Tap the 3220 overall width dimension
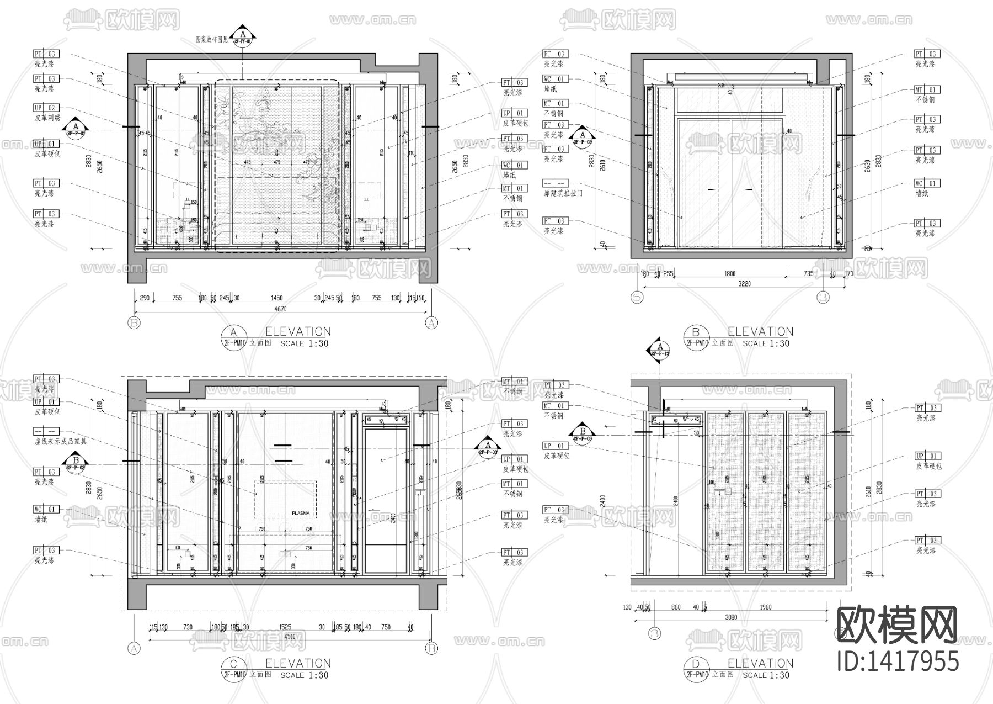[x=744, y=284]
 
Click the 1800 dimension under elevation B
[x=729, y=274]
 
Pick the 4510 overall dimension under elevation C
[x=290, y=637]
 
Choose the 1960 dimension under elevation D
[x=765, y=607]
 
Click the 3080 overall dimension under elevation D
[x=731, y=617]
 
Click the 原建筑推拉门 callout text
[x=563, y=193]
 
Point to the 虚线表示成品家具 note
[x=61, y=441]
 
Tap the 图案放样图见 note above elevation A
[x=212, y=40]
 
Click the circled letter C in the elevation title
[x=233, y=664]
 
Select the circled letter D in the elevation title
[x=696, y=664]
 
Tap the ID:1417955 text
[x=898, y=660]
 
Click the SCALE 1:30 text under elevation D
[x=766, y=675]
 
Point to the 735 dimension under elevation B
[x=808, y=274]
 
